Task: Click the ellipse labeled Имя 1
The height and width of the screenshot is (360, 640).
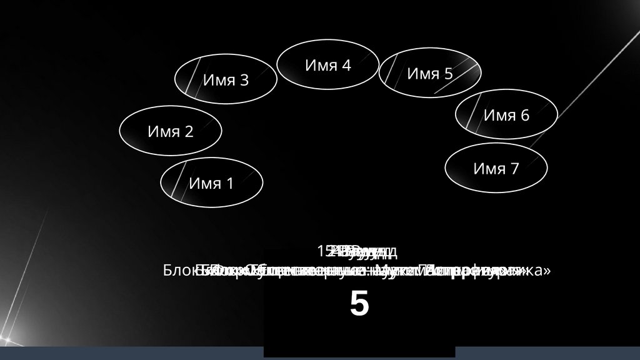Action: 211,182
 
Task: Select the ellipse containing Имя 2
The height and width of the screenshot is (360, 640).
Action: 171,131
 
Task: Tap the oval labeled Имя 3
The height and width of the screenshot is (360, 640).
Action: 226,80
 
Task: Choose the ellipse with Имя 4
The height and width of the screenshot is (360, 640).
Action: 327,64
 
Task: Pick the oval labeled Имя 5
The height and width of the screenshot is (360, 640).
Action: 430,73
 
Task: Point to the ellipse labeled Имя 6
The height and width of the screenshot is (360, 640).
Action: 506,115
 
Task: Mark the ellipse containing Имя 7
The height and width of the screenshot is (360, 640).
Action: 496,168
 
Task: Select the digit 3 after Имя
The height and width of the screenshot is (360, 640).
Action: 244,81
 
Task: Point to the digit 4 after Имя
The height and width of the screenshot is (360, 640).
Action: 346,65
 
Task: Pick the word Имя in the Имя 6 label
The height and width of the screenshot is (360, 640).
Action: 497,116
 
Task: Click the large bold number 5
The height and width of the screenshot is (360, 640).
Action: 359,305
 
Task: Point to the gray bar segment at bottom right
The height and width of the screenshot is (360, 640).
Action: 547,353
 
